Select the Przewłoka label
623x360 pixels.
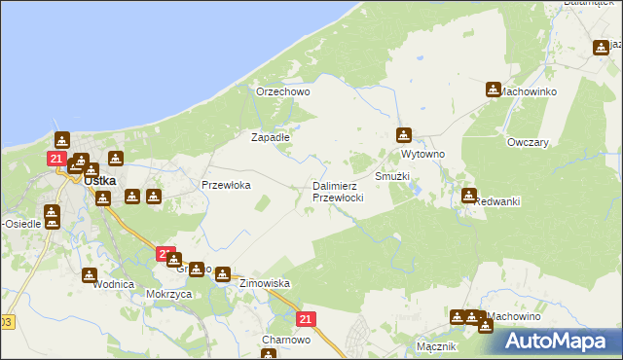click(226, 185)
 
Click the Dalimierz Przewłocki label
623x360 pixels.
click(338, 192)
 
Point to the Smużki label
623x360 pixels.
click(392, 177)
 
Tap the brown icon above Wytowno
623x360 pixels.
click(404, 135)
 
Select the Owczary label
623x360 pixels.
click(528, 142)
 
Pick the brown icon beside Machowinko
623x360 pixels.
click(494, 90)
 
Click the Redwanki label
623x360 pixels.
click(496, 201)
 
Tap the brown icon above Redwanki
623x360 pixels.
click(469, 196)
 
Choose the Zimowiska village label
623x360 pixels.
click(265, 283)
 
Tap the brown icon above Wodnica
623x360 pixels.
click(90, 275)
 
